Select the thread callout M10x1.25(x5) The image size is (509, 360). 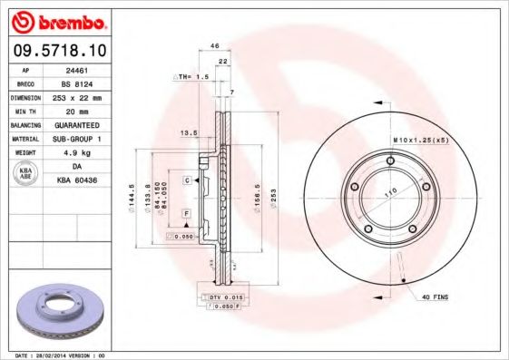pyautogui.click(x=420, y=140)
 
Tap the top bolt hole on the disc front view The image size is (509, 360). pyautogui.click(x=390, y=161)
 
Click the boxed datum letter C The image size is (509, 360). pyautogui.click(x=186, y=180)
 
